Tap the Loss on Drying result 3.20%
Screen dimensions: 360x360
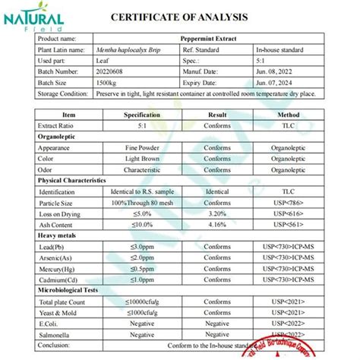pyautogui.click(x=218, y=215)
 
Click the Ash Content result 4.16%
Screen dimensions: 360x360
pyautogui.click(x=218, y=226)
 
